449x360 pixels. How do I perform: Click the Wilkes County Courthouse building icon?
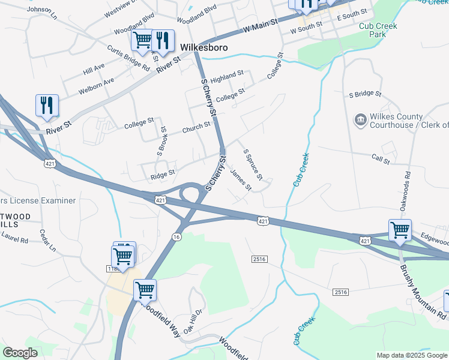tap(361, 121)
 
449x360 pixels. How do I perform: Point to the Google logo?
tap(20, 353)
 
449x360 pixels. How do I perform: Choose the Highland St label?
tap(227, 77)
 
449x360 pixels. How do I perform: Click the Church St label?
tap(196, 128)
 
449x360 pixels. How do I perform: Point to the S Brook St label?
tap(162, 142)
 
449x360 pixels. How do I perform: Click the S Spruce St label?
tap(253, 164)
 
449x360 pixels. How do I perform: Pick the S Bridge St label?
tap(365, 94)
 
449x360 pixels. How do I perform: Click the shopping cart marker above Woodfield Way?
tap(145, 290)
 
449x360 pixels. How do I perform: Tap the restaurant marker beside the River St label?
tap(46, 105)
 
